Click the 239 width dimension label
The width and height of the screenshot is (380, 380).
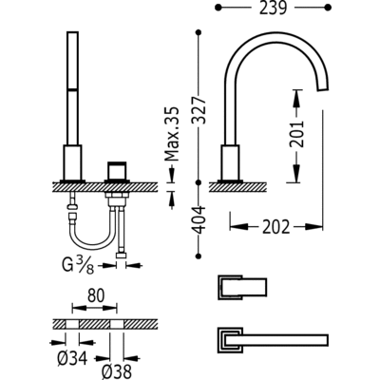273,9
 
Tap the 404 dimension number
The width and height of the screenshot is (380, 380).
199,220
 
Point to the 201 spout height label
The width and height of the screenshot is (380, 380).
296,134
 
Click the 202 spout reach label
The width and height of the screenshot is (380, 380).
275,227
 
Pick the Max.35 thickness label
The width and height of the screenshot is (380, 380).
172,134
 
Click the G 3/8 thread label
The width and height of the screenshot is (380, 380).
78,266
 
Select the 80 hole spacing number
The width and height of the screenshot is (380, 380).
96,295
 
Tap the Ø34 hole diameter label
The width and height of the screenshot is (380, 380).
72,358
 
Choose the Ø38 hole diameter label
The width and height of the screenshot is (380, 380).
117,371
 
